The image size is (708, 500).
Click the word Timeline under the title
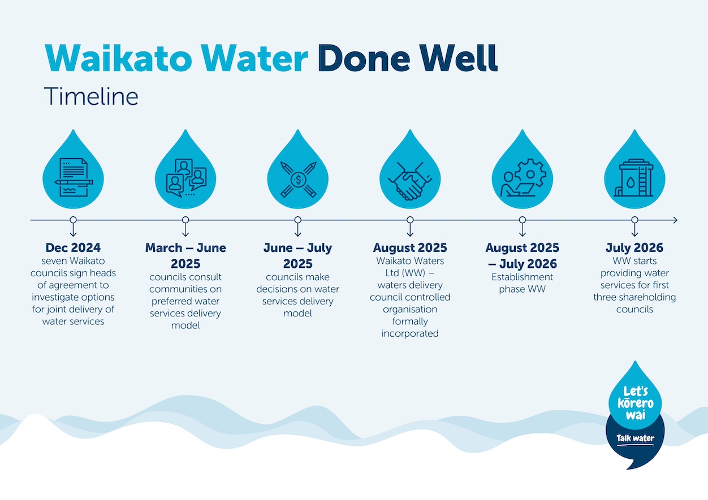click(91, 96)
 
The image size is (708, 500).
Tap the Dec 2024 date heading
click(73, 247)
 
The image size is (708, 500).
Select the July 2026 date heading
click(634, 247)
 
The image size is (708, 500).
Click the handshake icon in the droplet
click(410, 181)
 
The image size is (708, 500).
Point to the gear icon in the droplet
click(530, 173)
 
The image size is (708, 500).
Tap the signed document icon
click(74, 177)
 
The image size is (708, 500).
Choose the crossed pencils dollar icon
click(298, 180)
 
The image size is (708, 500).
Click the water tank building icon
click(634, 177)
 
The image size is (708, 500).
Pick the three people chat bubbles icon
click(186, 177)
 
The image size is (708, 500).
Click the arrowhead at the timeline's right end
click(675, 220)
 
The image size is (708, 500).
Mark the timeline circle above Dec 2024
click(73, 220)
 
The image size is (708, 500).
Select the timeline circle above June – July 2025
click(298, 220)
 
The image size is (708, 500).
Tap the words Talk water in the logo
click(635, 438)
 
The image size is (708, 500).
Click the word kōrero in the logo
click(636, 403)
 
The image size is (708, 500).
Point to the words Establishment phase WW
click(522, 283)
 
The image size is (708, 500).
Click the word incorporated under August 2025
click(410, 333)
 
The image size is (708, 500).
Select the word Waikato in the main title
click(118, 58)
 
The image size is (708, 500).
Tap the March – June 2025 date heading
click(185, 255)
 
